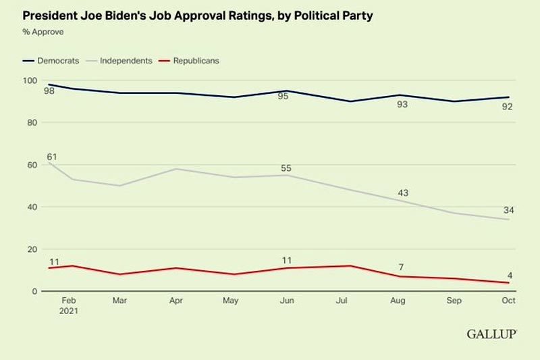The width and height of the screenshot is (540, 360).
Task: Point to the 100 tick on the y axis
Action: [30, 80]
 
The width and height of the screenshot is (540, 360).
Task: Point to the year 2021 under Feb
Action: [67, 312]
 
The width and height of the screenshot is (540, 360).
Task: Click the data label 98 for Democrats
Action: [50, 91]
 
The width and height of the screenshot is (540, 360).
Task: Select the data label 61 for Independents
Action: [51, 157]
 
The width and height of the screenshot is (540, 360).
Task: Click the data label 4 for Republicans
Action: [510, 276]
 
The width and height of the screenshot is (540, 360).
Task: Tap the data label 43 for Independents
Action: [402, 193]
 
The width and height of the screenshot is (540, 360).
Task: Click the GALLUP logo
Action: [491, 334]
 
